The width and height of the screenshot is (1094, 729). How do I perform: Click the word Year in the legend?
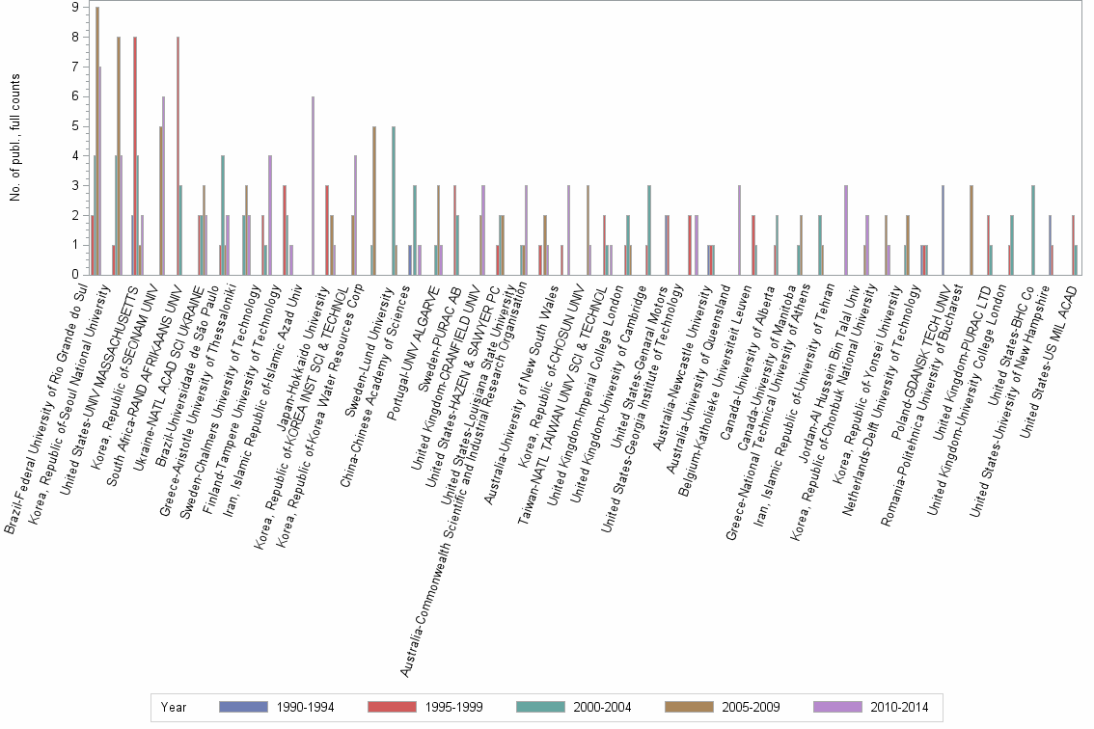(x=175, y=707)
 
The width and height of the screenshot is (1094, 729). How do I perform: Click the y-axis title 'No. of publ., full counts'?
(x=16, y=140)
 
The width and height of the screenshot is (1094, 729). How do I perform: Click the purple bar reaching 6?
(x=313, y=185)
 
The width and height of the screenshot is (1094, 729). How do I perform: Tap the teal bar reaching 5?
(x=394, y=201)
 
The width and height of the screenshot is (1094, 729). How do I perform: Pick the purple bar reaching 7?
(x=100, y=171)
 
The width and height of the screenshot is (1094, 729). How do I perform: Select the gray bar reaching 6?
(x=164, y=185)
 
